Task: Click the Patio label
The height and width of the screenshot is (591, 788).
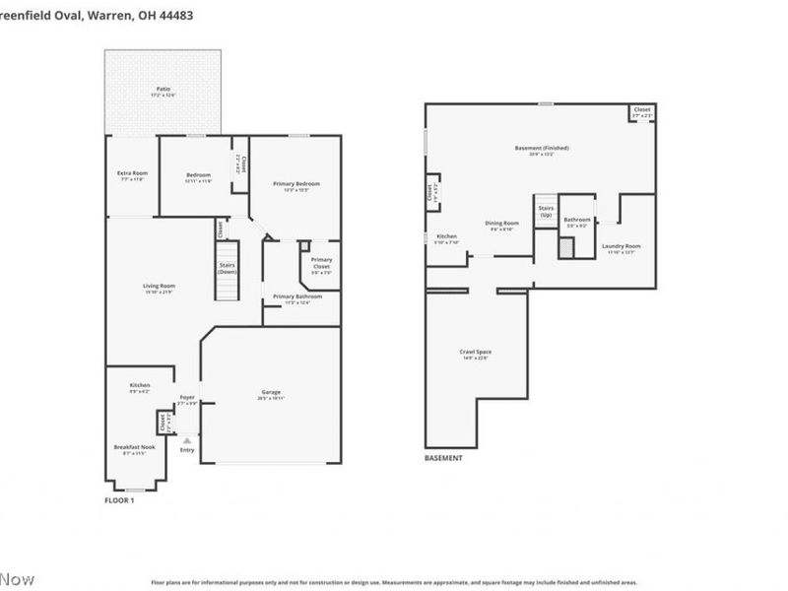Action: pos(163,89)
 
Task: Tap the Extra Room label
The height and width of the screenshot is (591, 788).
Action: pos(133,173)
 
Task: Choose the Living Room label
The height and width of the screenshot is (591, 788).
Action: pos(159,286)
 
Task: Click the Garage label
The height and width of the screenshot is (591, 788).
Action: pos(271,392)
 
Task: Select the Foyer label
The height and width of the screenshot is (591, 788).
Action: pos(187,398)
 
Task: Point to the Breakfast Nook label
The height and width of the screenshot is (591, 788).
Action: pos(134,446)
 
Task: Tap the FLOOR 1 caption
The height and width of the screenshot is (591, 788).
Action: pos(119,500)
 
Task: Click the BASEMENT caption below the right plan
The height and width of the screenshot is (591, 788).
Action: pos(443,458)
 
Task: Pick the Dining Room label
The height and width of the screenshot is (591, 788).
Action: pos(501,224)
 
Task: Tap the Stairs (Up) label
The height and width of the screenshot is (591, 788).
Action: pos(546,211)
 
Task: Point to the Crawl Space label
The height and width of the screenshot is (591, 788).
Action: pos(475,352)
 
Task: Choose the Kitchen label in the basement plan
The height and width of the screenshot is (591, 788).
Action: pos(446,236)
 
